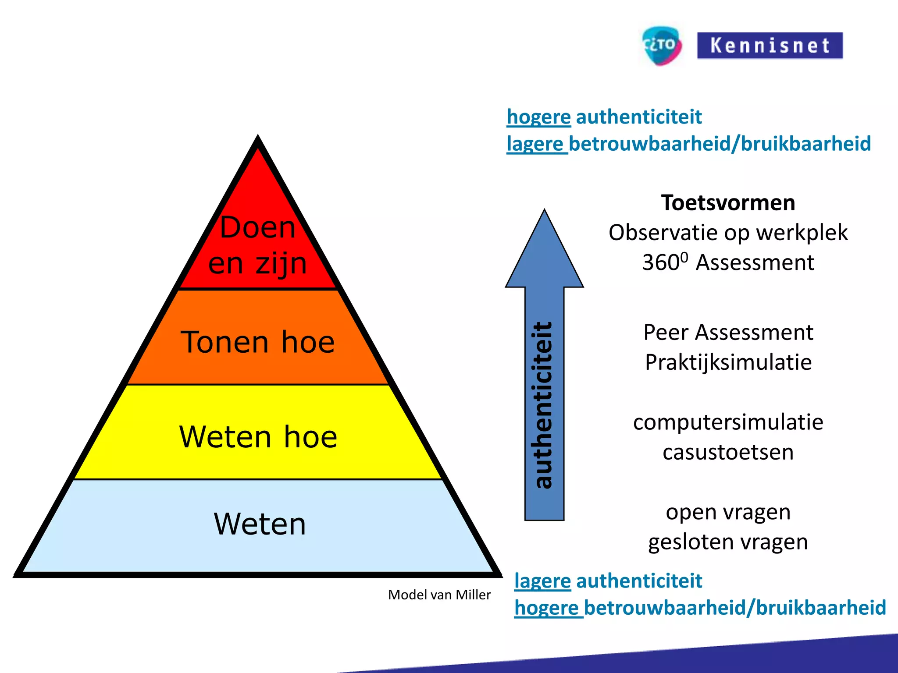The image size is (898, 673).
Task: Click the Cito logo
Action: (x=661, y=46)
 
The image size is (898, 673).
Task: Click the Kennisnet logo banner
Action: (x=770, y=46)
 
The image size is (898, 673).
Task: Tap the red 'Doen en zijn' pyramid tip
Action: (x=258, y=245)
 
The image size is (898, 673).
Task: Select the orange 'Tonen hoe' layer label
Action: (x=258, y=342)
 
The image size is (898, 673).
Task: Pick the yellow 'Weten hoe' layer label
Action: (x=258, y=437)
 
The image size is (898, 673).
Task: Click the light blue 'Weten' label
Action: (x=260, y=524)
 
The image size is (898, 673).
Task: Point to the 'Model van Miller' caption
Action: (x=439, y=595)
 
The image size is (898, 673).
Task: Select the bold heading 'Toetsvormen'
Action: (x=728, y=203)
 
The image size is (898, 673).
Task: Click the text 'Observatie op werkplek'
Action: (x=728, y=233)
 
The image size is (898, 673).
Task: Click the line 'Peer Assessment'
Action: (x=728, y=332)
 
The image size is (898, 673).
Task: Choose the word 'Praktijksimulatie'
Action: (x=728, y=362)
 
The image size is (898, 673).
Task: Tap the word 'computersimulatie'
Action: (x=728, y=422)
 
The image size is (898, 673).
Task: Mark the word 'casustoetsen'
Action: (x=728, y=452)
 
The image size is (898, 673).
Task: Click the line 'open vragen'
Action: (x=728, y=512)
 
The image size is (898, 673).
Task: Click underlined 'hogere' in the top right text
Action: (x=538, y=117)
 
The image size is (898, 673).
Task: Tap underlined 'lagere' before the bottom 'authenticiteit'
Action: (x=542, y=581)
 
